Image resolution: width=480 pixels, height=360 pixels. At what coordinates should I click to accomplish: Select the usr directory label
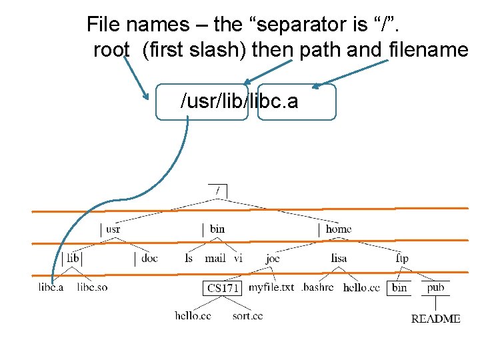tap(113, 229)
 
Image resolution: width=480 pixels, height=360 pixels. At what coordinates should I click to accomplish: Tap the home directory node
tap(338, 229)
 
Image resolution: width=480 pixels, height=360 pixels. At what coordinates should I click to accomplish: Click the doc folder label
tap(149, 258)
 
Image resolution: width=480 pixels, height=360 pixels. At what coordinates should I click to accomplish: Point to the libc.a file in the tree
tap(51, 287)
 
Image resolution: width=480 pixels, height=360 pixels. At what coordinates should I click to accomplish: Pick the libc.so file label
tap(92, 287)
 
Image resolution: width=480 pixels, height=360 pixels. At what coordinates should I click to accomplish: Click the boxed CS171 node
tap(222, 288)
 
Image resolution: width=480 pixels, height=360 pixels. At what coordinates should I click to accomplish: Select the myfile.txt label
tap(271, 287)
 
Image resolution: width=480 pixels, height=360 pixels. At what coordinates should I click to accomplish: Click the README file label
tap(435, 319)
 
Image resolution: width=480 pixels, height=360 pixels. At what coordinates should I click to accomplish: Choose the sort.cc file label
tap(247, 315)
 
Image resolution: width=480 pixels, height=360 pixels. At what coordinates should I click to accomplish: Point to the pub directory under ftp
tap(435, 287)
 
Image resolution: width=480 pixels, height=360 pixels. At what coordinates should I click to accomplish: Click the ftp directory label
tap(402, 259)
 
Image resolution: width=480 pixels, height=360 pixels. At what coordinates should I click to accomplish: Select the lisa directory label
tap(339, 259)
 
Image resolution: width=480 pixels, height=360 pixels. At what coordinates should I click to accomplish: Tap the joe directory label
tap(273, 259)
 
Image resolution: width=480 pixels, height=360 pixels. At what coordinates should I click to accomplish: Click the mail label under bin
tap(215, 258)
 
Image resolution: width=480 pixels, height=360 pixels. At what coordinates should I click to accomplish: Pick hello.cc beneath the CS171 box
tap(193, 315)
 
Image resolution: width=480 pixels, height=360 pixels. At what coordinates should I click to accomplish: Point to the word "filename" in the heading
tap(427, 50)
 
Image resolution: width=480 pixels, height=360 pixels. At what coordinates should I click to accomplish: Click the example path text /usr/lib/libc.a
tap(239, 101)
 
